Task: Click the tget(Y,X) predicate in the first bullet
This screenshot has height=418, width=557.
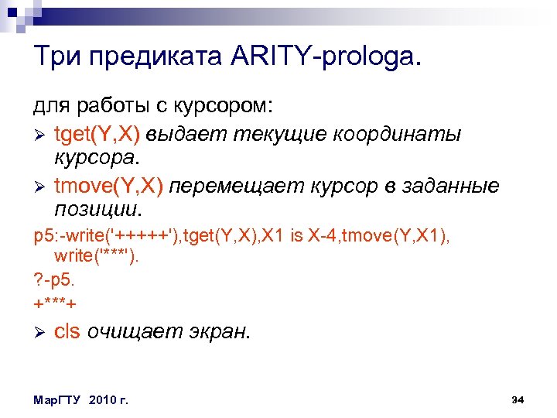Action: (97, 135)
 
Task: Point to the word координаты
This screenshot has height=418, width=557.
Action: (396, 135)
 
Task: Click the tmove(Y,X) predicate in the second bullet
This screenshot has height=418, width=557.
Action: (108, 187)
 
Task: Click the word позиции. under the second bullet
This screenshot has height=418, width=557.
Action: (98, 209)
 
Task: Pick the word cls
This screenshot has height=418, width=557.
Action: (67, 331)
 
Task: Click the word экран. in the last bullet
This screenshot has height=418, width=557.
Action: (220, 331)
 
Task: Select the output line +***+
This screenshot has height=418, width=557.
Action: (55, 301)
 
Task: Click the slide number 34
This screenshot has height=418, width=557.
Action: (518, 399)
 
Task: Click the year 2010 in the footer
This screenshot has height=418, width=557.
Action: (102, 400)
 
